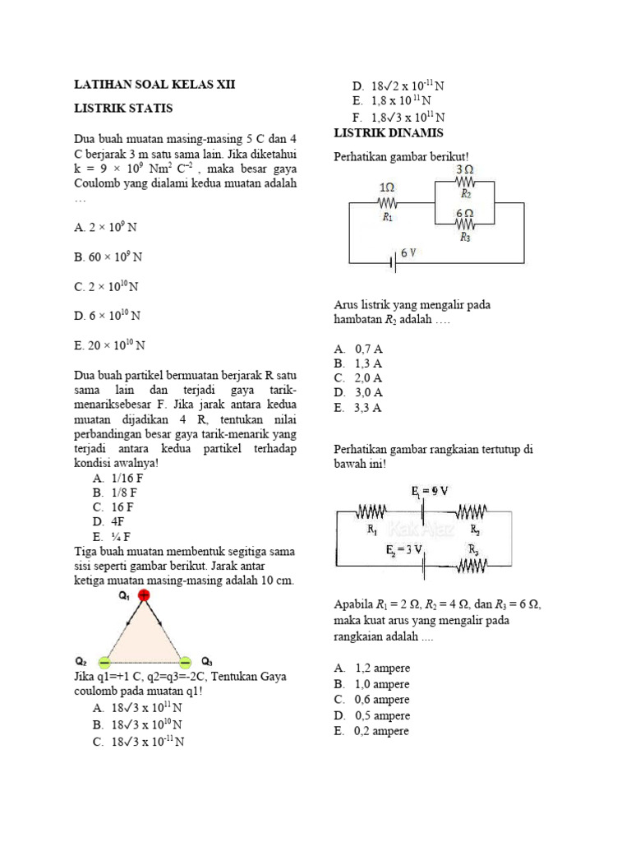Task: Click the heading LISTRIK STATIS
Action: pyautogui.click(x=123, y=109)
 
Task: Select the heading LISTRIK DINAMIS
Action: pyautogui.click(x=389, y=133)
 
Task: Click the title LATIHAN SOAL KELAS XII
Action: pyautogui.click(x=148, y=84)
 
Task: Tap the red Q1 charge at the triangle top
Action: pyautogui.click(x=144, y=595)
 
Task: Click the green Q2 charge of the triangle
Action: pyautogui.click(x=104, y=661)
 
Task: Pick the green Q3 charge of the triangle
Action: pyautogui.click(x=185, y=661)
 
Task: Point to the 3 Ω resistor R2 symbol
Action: pyautogui.click(x=464, y=183)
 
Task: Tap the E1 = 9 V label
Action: pyautogui.click(x=430, y=491)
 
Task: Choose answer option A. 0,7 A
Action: pyautogui.click(x=358, y=348)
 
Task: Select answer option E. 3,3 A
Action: pyautogui.click(x=358, y=408)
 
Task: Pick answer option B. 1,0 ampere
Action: pyautogui.click(x=371, y=684)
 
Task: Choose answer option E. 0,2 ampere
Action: pyautogui.click(x=371, y=730)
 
